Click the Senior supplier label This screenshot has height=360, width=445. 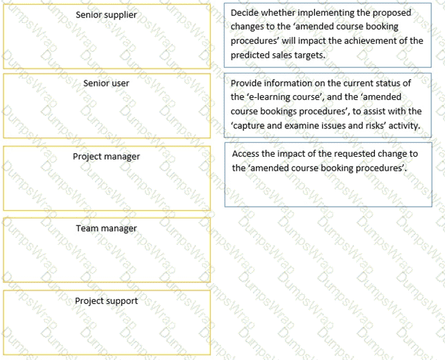(106, 15)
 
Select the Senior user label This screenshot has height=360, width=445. (106, 83)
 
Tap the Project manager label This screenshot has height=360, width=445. (106, 157)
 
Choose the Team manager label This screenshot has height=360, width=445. (106, 228)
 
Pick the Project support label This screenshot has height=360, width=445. (106, 301)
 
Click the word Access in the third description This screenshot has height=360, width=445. (246, 154)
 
